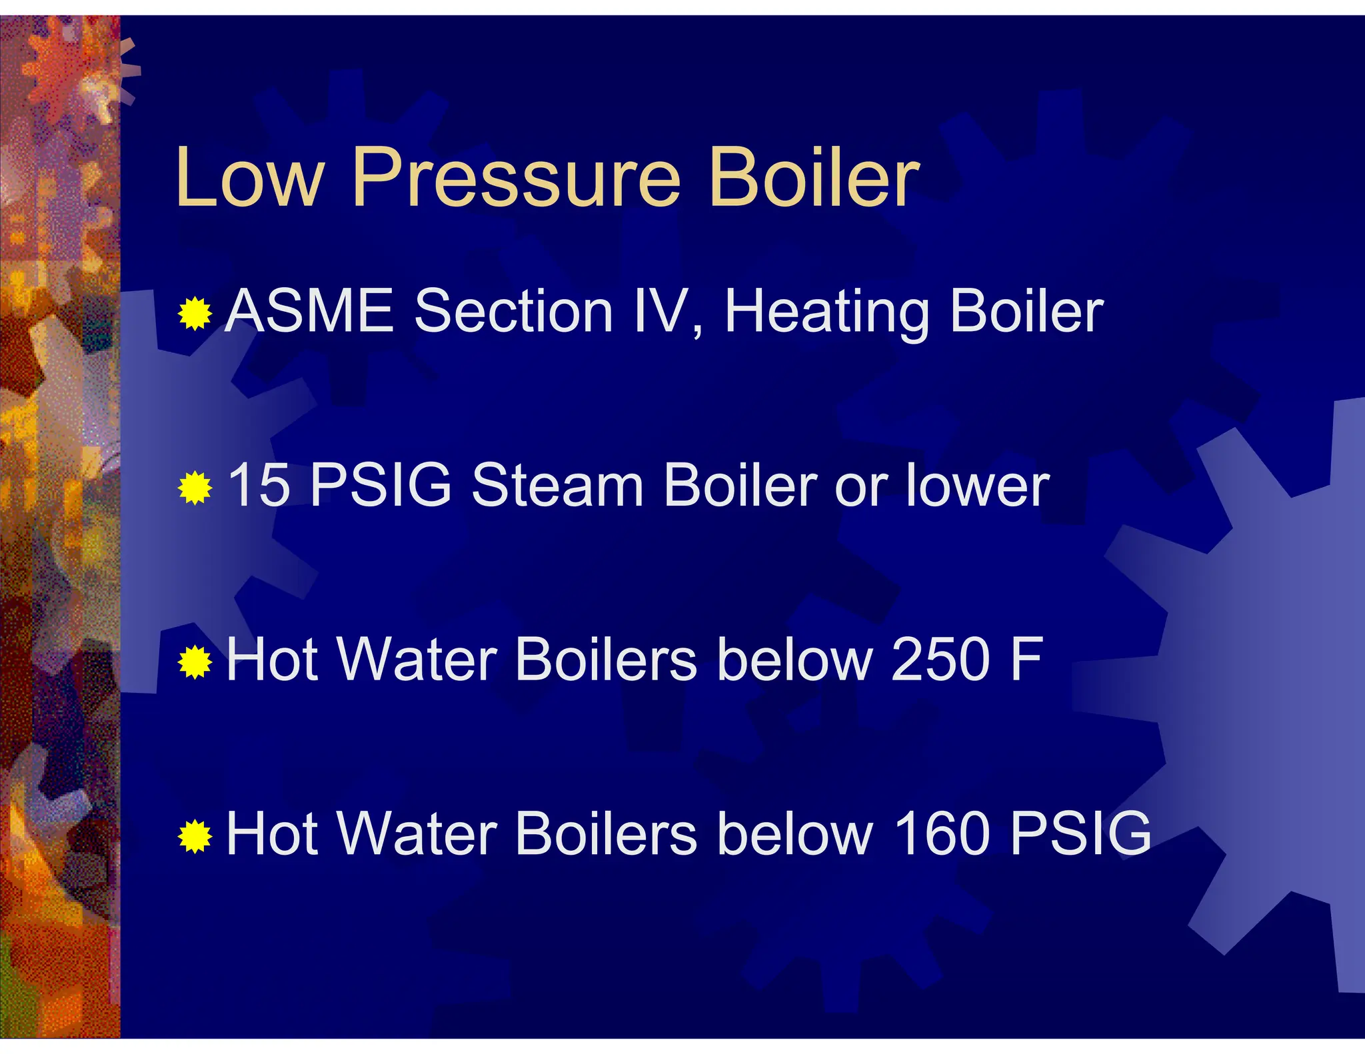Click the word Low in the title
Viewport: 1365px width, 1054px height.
pos(249,178)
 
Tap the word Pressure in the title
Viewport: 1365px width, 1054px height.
pos(517,178)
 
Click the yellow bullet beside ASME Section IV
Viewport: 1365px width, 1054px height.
pos(195,313)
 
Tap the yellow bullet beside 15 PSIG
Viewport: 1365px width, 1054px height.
pos(195,488)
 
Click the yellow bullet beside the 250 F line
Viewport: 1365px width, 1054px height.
pos(195,662)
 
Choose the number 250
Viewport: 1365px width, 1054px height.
pos(940,660)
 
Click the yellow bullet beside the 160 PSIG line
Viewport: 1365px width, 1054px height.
pos(195,836)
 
